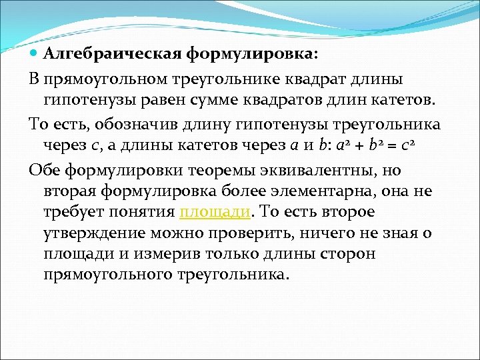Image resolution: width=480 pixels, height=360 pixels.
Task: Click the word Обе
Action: click(x=45, y=170)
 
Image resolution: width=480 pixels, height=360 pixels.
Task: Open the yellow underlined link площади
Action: click(x=215, y=212)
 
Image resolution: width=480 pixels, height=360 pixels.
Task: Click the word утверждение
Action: click(x=94, y=233)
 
